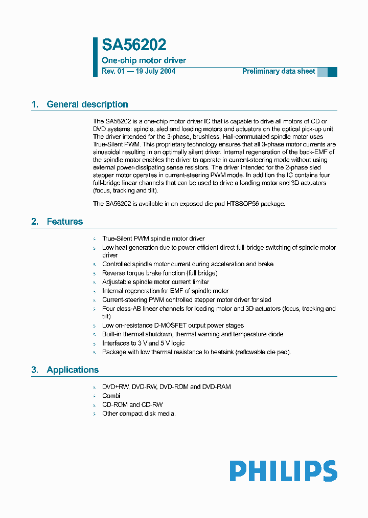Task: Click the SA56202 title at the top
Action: pyautogui.click(x=134, y=45)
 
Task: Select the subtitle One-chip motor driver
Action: pyautogui.click(x=144, y=60)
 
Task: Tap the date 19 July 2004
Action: pyautogui.click(x=155, y=71)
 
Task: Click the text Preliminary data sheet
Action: pyautogui.click(x=279, y=71)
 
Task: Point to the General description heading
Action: pyautogui.click(x=87, y=104)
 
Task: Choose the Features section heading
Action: pyautogui.click(x=64, y=222)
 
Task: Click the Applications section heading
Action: pyautogui.click(x=73, y=370)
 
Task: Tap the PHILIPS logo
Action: pyautogui.click(x=283, y=471)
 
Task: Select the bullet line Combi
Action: pyautogui.click(x=111, y=396)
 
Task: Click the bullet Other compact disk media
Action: pyautogui.click(x=139, y=414)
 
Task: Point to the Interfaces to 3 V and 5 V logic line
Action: pyautogui.click(x=143, y=343)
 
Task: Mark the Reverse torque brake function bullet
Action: pyautogui.click(x=159, y=273)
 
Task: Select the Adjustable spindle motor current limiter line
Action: pyautogui.click(x=155, y=282)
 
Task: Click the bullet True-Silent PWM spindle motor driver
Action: pyautogui.click(x=153, y=238)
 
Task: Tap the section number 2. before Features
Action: pyautogui.click(x=35, y=222)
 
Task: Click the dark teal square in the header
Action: pyautogui.click(x=332, y=72)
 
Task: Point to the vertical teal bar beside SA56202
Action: pyautogui.click(x=95, y=56)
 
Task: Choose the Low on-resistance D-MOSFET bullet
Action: pyautogui.click(x=173, y=325)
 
